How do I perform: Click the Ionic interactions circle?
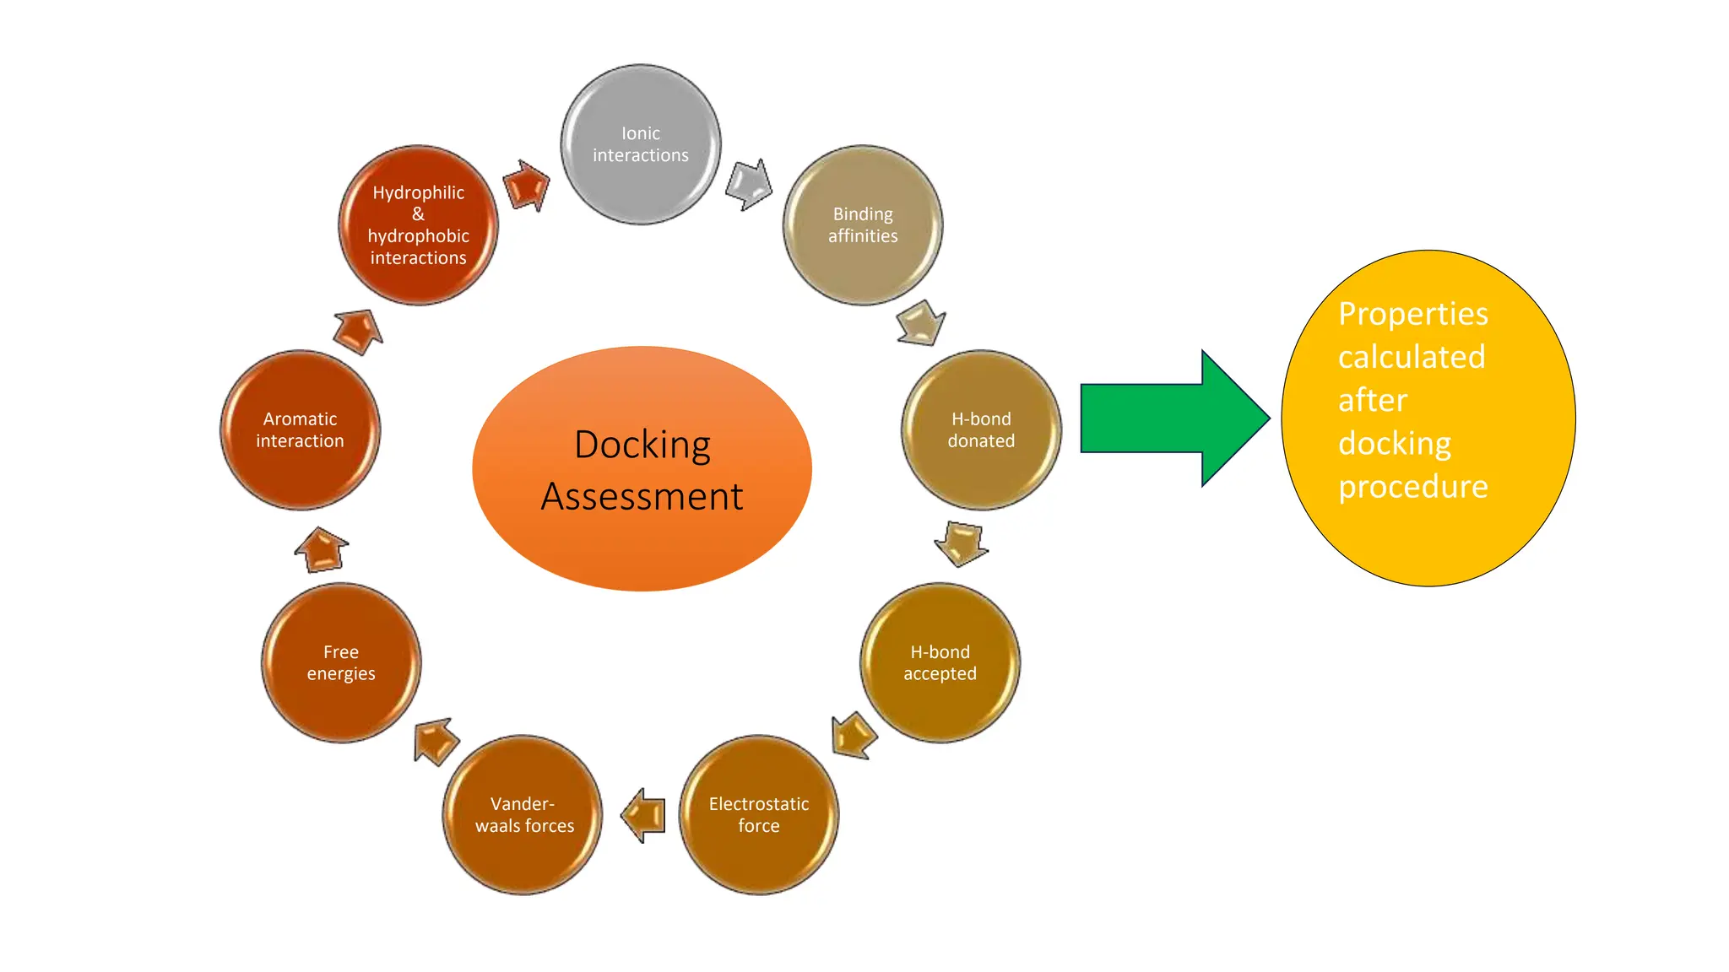[x=641, y=144]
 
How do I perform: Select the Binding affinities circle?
[x=863, y=225]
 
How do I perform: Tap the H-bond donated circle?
[x=981, y=429]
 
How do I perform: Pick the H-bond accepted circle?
[x=940, y=662]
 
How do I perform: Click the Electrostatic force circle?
[x=759, y=814]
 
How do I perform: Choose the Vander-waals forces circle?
[x=523, y=814]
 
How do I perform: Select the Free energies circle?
[x=341, y=662]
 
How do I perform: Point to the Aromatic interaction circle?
[x=300, y=429]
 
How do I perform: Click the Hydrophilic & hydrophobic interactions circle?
[x=418, y=225]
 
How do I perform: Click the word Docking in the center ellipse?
[x=642, y=445]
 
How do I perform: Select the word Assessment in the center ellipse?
[x=642, y=496]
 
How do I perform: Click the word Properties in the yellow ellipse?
[x=1413, y=314]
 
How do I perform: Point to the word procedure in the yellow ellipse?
[x=1413, y=487]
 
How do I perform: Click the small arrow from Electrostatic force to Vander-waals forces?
[x=643, y=815]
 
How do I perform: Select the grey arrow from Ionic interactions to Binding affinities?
[x=749, y=183]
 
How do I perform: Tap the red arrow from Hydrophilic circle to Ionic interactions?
[x=527, y=185]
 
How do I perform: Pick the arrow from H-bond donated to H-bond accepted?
[x=962, y=543]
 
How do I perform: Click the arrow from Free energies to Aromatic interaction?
[x=322, y=550]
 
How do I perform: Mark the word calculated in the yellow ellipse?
[x=1412, y=357]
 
